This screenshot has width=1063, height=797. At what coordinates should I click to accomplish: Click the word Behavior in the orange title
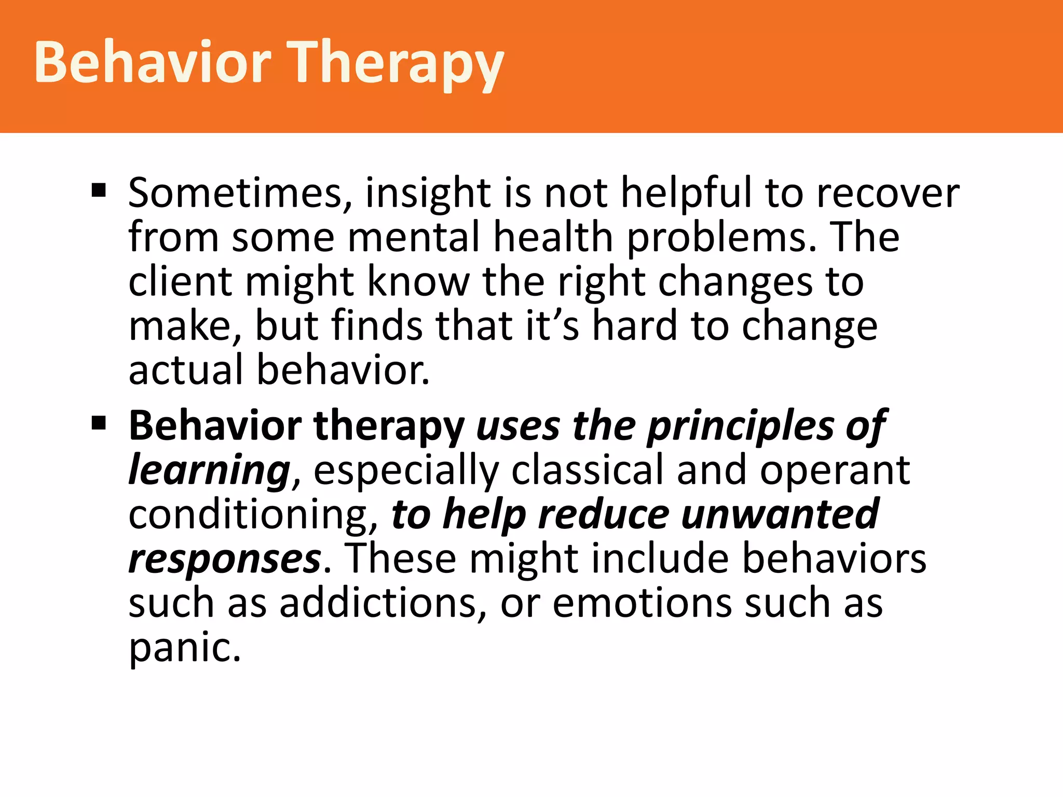pos(153,62)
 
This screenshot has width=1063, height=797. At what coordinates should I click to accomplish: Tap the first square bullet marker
pos(99,190)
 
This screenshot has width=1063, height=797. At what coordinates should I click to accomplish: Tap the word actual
pos(185,370)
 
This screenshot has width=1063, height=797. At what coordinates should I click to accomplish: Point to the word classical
pos(587,470)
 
